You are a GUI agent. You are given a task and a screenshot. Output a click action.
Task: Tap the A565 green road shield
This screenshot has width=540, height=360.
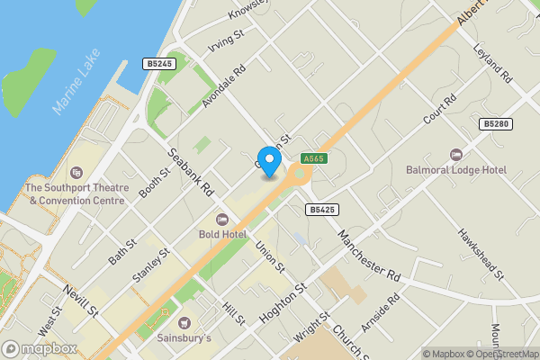pos(313,157)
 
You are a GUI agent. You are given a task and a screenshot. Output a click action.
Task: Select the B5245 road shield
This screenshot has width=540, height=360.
pos(158,64)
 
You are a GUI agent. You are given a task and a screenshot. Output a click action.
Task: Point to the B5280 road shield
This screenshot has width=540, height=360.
pos(494,124)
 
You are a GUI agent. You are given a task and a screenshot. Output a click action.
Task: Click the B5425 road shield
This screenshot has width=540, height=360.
pos(320,209)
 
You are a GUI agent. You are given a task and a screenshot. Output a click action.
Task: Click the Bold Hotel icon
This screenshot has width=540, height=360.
pos(222,219)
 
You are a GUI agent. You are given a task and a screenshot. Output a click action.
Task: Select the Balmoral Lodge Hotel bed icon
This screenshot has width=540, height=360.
pos(455,154)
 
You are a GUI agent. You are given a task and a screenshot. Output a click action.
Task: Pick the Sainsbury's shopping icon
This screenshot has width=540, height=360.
pos(186,323)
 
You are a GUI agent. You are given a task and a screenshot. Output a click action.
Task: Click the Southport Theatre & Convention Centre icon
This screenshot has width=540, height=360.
pos(76,172)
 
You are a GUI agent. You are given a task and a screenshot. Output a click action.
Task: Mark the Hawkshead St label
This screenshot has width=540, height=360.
pos(481,251)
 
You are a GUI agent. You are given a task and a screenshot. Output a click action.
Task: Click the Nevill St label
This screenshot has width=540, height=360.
pos(80,300)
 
